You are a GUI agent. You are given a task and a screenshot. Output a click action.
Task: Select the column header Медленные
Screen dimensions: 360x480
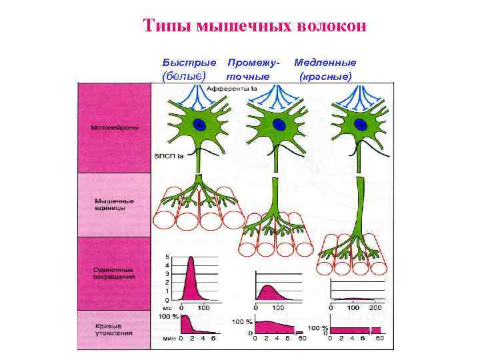click(325, 62)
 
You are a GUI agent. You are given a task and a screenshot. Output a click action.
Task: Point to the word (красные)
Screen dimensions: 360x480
click(325, 76)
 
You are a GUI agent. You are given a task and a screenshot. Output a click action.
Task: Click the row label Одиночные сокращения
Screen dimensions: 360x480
click(114, 273)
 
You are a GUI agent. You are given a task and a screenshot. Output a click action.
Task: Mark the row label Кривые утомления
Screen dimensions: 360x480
click(113, 329)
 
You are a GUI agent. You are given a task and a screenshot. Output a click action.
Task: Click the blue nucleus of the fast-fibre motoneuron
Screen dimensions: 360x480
click(199, 124)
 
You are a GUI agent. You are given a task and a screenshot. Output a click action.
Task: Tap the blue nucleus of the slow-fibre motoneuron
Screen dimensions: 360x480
click(361, 124)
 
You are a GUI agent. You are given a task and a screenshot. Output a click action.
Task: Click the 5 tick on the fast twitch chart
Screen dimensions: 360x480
click(167, 257)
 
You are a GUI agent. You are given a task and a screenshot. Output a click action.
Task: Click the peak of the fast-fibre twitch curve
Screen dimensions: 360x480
click(192, 258)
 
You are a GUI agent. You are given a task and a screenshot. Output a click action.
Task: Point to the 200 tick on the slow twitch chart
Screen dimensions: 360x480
click(375, 308)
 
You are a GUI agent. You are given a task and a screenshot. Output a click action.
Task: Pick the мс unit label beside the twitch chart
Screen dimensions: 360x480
click(169, 308)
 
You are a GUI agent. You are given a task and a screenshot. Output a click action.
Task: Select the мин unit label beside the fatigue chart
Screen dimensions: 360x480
click(171, 339)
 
